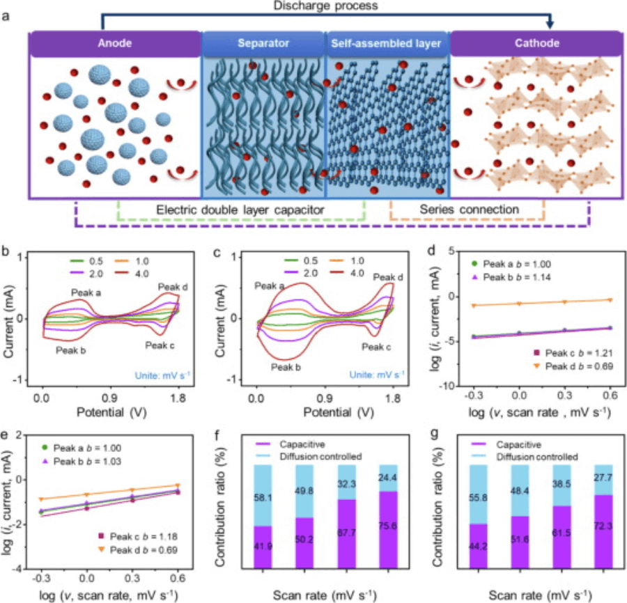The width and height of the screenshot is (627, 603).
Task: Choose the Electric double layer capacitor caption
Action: (242, 210)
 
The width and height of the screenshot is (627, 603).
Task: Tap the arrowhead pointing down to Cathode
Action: (550, 25)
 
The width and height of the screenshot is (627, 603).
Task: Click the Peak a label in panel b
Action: (86, 293)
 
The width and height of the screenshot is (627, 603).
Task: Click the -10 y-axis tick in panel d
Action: (451, 385)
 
